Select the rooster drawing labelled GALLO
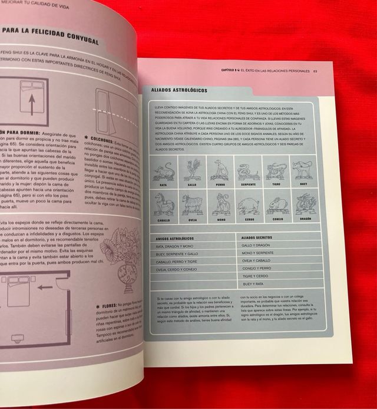click(191, 171)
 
